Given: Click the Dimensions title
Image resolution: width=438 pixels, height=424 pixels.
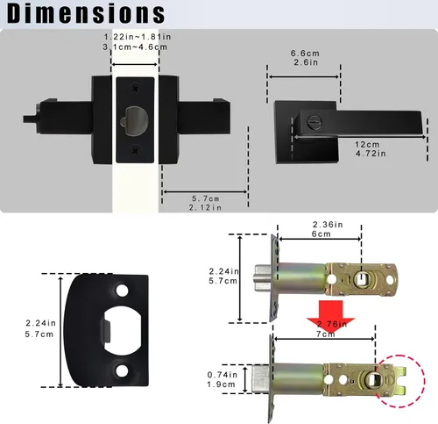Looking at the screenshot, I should [x=84, y=14].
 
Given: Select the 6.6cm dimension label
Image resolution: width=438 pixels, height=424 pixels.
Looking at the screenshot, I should [x=304, y=53].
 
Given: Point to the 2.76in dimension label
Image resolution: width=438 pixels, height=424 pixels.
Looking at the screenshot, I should [x=329, y=325].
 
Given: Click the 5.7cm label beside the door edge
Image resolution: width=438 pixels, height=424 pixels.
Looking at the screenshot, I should [x=204, y=198].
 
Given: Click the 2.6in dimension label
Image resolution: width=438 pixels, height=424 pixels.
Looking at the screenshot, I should [x=304, y=62].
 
